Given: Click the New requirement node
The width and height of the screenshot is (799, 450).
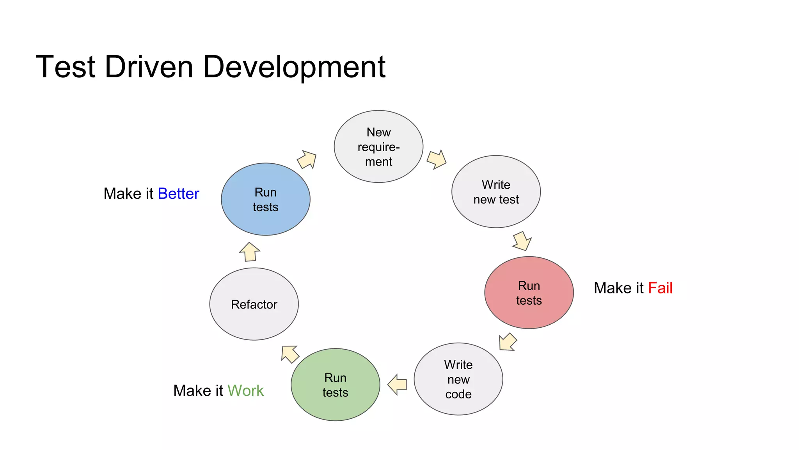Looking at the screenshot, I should [x=378, y=146].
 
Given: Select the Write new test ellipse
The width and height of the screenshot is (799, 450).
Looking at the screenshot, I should [x=496, y=192].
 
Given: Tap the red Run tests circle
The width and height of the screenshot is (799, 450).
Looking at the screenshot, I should [x=529, y=293].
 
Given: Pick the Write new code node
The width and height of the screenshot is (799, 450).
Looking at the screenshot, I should [x=458, y=379].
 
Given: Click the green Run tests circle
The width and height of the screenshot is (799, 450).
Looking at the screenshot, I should [x=336, y=385].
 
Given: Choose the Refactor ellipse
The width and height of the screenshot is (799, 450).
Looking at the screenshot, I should [x=254, y=304].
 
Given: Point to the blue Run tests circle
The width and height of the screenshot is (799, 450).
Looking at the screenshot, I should [x=266, y=199].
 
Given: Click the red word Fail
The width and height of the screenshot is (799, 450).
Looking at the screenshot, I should [x=660, y=288].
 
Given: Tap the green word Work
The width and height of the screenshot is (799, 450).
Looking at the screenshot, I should [x=245, y=391].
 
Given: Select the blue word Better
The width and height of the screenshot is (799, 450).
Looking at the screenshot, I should [x=178, y=194].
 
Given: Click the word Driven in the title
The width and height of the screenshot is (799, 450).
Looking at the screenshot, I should [x=149, y=67].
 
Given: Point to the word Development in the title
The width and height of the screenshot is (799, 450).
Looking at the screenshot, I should [x=294, y=67].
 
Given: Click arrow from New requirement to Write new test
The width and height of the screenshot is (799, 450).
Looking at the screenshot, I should [x=436, y=159].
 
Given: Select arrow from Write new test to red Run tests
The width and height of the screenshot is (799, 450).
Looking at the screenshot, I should [x=522, y=241].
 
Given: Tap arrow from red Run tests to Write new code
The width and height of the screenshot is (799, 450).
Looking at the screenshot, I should [x=508, y=342].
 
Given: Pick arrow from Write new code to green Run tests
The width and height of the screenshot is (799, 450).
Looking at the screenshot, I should [x=398, y=384].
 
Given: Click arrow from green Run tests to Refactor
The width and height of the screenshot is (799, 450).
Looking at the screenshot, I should [x=290, y=354].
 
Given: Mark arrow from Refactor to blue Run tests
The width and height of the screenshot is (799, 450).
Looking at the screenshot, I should [x=250, y=252].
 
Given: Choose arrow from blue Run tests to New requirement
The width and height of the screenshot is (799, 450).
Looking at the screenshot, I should [x=307, y=159].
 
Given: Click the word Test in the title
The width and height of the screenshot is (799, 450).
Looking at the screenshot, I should [x=66, y=67].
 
